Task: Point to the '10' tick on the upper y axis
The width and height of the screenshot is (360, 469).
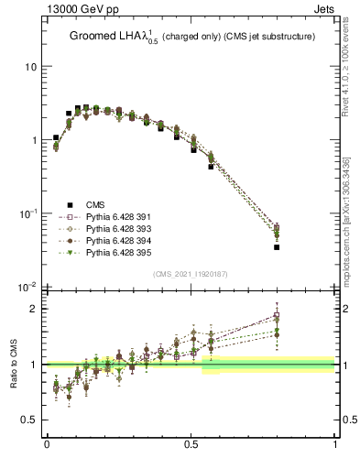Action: (x=29, y=67)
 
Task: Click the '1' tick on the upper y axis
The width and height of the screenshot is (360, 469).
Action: (x=32, y=140)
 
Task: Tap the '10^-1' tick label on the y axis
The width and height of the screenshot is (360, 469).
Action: (x=27, y=213)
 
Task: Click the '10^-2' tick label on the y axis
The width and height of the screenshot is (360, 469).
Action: (x=27, y=287)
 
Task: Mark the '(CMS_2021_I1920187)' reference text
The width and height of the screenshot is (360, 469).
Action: (x=191, y=273)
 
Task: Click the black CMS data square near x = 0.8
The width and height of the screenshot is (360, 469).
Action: (x=277, y=247)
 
